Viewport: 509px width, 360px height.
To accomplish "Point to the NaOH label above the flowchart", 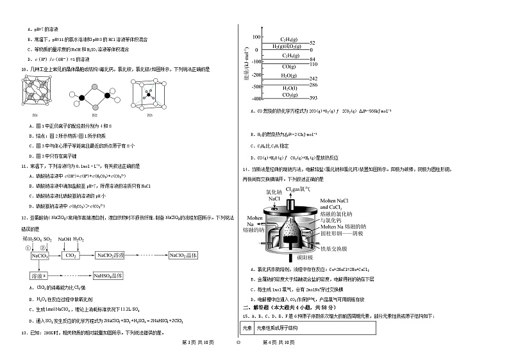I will tap(65, 239).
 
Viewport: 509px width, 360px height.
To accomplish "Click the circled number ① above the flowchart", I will tap(28, 247).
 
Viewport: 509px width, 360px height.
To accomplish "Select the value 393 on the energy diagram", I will tap(314, 98).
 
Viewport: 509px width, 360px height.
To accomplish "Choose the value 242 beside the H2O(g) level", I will tap(314, 78).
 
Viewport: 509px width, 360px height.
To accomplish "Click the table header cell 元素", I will tap(247, 328).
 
